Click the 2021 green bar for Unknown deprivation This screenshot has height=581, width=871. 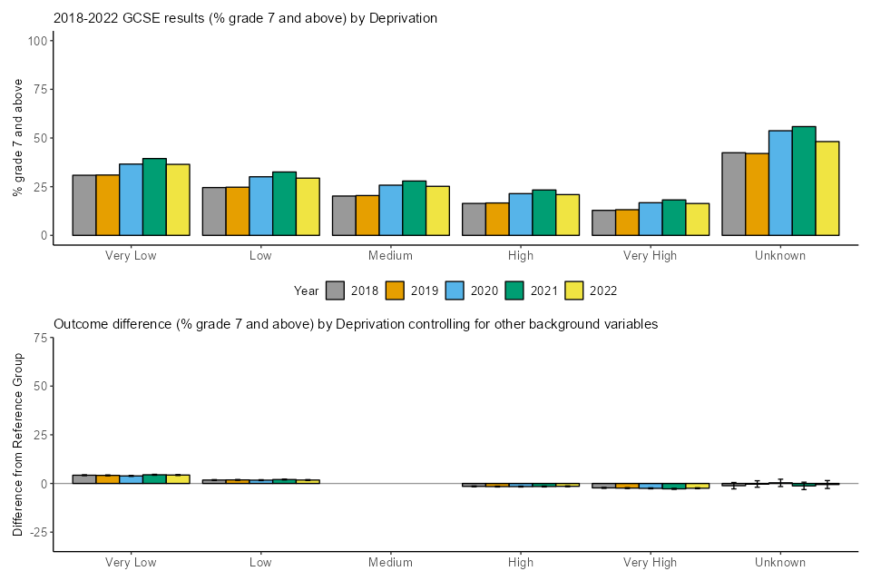click(x=804, y=181)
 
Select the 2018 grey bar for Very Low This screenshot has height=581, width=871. click(x=84, y=205)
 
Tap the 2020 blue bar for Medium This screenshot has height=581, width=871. click(x=391, y=211)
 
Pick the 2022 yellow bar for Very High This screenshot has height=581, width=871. click(x=698, y=220)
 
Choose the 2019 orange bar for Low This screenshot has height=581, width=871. click(x=238, y=212)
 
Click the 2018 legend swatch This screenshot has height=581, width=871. click(x=336, y=290)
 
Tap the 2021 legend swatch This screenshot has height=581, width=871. click(x=515, y=290)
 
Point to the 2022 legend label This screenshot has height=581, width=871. click(x=602, y=291)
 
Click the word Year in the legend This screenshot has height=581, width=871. click(x=307, y=291)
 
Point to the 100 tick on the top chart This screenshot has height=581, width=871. click(x=38, y=41)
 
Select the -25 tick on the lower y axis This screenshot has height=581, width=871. click(x=39, y=532)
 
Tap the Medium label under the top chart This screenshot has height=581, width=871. click(x=391, y=256)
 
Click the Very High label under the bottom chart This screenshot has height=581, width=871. click(x=651, y=563)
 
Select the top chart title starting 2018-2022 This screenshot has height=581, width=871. click(x=245, y=18)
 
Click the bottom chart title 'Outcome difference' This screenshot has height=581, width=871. click(x=356, y=324)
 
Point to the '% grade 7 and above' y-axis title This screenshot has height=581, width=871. click(x=18, y=138)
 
